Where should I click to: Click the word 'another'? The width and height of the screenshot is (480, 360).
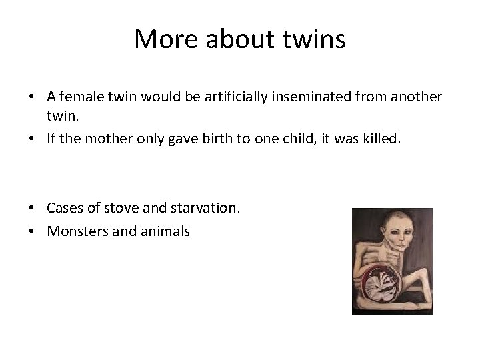(x=416, y=96)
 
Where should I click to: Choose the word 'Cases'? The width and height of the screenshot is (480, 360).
(x=64, y=208)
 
